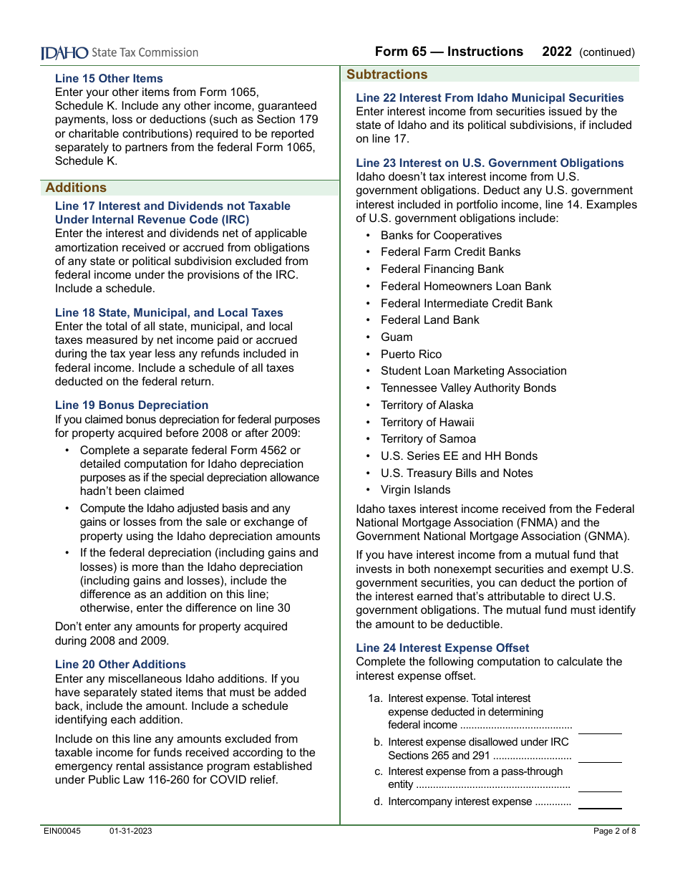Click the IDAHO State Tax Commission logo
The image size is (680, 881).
point(119,52)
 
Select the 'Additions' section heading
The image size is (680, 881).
point(76,188)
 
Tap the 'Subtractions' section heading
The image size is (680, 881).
point(387,74)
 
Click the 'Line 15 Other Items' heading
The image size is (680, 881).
point(109,79)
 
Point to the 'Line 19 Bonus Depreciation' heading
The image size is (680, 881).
point(132,405)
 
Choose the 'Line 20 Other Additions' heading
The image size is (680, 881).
point(120,665)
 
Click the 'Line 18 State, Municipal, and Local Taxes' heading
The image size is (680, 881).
point(169,313)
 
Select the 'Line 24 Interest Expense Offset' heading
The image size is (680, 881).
point(442,648)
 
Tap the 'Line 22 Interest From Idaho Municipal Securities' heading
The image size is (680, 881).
point(490,98)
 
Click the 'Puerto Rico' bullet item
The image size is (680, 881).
point(411,355)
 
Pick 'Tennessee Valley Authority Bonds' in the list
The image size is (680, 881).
point(468,388)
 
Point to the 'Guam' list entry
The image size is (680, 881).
point(397,337)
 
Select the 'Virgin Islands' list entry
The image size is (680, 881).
point(415,490)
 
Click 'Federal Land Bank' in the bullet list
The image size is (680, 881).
point(429,320)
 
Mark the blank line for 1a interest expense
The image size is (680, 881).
point(600,728)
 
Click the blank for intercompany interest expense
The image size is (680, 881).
point(600,803)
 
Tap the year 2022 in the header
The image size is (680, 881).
point(557,52)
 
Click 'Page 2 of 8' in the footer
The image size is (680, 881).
point(614,832)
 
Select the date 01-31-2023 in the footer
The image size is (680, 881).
point(130,832)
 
